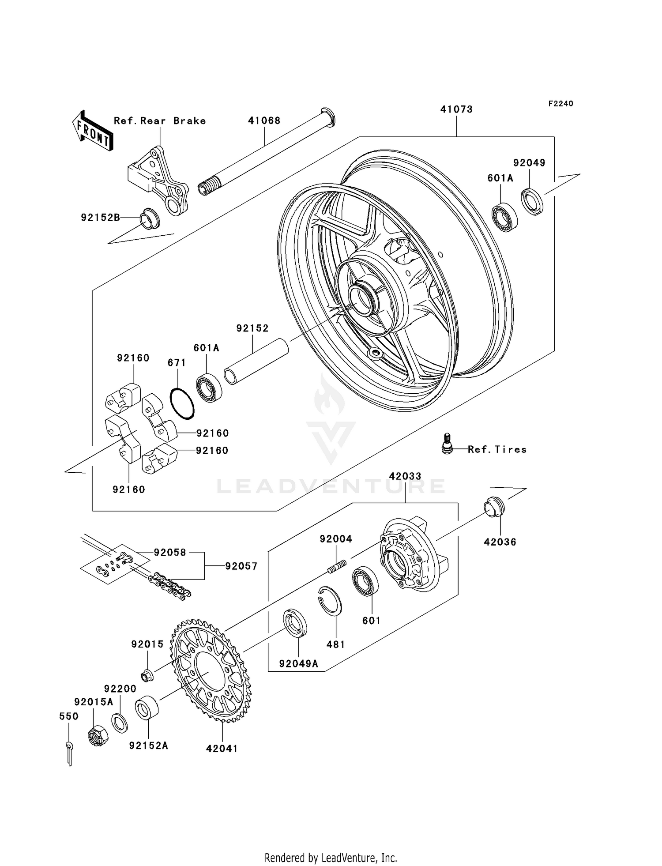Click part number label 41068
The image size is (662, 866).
tap(264, 120)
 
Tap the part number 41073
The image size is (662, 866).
tap(456, 109)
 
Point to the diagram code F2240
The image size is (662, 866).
tap(560, 104)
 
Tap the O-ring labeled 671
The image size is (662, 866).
tap(182, 403)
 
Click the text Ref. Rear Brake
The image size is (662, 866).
tap(160, 121)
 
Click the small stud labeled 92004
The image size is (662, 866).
tap(338, 566)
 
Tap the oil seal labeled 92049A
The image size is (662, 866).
tap(295, 623)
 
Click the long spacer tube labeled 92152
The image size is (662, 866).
tap(256, 362)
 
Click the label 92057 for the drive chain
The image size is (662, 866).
tap(241, 566)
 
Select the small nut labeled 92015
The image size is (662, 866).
tap(147, 674)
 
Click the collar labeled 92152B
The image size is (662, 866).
tap(150, 218)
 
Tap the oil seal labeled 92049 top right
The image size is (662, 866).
tap(532, 201)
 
